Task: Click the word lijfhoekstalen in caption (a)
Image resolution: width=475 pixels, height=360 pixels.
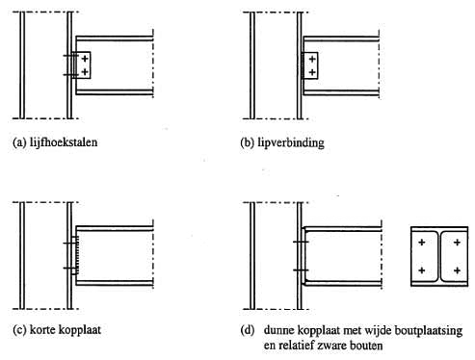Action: [x=64, y=141]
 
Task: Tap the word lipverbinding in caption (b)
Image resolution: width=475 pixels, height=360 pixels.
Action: [x=291, y=142]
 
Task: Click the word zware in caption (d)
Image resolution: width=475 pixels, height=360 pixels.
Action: [x=332, y=346]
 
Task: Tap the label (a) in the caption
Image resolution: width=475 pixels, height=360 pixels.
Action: [x=19, y=142]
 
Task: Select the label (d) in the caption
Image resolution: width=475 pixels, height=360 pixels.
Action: [x=248, y=330]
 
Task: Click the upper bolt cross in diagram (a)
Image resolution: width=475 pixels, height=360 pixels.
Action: [x=85, y=59]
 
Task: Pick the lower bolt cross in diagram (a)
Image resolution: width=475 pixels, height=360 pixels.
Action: [x=85, y=72]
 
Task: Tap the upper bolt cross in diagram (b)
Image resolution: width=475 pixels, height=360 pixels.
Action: [x=312, y=59]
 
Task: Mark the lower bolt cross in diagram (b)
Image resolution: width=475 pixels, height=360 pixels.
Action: [x=312, y=72]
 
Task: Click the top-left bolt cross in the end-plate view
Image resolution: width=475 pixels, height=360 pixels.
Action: [x=422, y=243]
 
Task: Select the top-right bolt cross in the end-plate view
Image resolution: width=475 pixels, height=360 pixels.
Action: [x=457, y=243]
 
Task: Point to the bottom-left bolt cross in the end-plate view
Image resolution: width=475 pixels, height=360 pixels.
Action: [x=422, y=270]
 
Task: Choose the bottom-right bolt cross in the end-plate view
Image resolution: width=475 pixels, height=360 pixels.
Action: [x=457, y=270]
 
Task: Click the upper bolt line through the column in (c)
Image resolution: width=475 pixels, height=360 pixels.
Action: [x=71, y=244]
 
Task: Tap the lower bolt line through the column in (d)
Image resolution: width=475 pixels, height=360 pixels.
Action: [x=301, y=270]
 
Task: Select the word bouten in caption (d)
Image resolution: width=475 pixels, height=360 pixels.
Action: [x=367, y=346]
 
